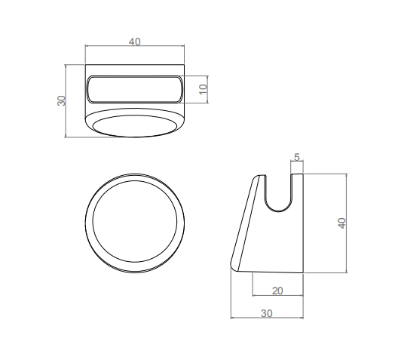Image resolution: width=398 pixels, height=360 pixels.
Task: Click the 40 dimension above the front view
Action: (134, 42)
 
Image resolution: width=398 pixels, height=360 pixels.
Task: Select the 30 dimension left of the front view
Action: (61, 100)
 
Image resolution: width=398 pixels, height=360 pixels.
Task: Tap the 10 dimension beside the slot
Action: (204, 89)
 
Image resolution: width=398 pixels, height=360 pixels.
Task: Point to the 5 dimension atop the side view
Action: (297, 157)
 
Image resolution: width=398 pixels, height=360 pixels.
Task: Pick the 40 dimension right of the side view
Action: (342, 223)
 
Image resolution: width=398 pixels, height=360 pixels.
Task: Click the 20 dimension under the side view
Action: (277, 291)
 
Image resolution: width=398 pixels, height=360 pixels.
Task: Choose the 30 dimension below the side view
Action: (267, 313)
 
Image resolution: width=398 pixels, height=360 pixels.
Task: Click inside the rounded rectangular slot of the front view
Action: (134, 89)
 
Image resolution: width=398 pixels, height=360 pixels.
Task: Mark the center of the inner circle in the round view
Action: (134, 221)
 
